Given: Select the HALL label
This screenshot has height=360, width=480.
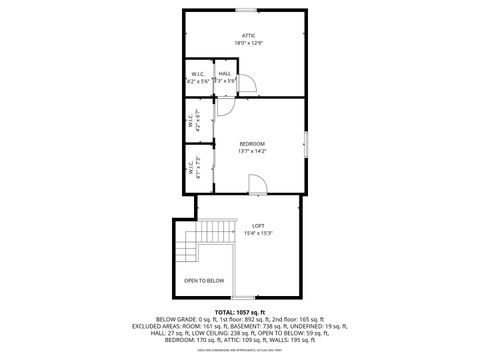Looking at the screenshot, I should click(225, 73).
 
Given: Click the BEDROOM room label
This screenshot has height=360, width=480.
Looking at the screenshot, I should click(252, 144).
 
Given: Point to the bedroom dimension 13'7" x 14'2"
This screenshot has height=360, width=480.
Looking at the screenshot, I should click(252, 152).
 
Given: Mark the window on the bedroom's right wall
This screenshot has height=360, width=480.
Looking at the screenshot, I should click(306, 142).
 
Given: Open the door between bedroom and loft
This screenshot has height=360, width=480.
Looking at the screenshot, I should click(257, 186).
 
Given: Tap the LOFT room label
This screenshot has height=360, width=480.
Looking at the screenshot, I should click(258, 225).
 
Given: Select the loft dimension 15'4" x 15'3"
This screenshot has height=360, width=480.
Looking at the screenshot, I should click(258, 233).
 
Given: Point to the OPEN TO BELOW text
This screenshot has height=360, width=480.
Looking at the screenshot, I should click(204, 280).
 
